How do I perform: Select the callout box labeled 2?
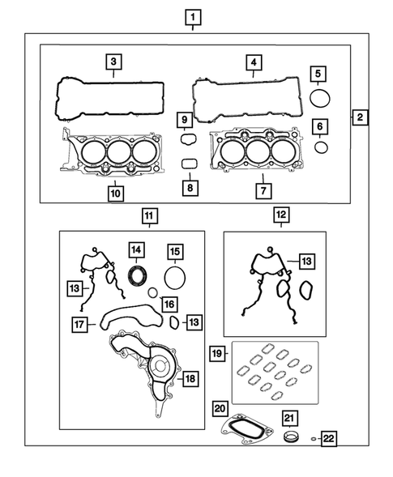[x=360, y=117]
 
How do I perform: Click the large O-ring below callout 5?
[x=321, y=99]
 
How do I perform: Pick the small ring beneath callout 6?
[x=321, y=147]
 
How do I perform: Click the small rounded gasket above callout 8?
[x=189, y=164]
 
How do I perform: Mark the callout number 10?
[x=115, y=194]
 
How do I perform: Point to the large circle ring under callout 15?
[x=175, y=279]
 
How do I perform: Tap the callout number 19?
[x=216, y=353]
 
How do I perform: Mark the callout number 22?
[x=328, y=440]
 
